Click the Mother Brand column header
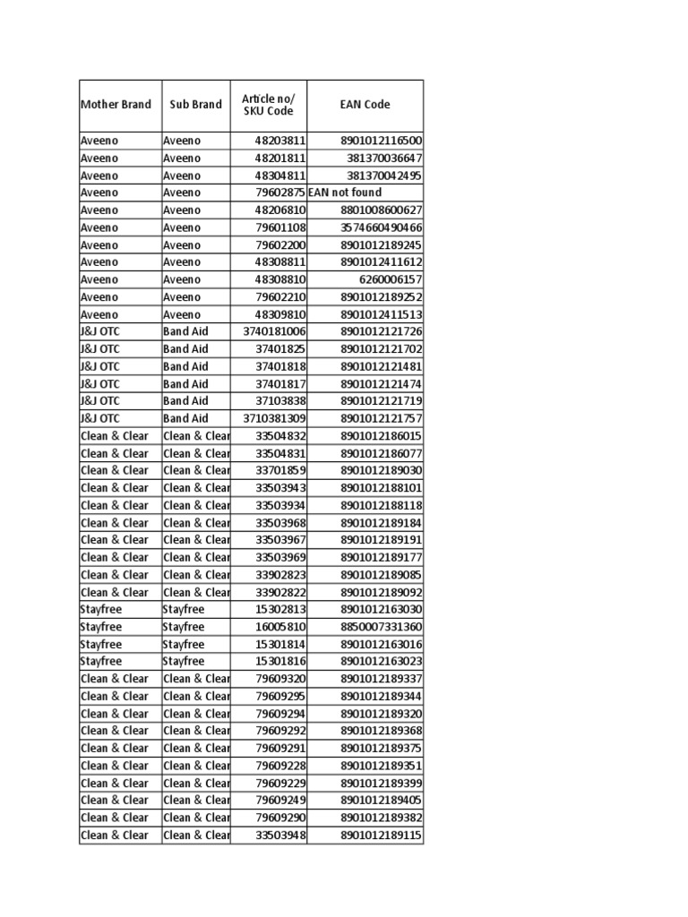pos(116,105)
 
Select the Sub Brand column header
pos(195,105)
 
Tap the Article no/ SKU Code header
pos(268,105)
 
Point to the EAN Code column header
pos(365,105)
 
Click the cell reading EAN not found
pos(345,193)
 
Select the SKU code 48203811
pos(280,141)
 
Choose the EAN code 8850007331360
pos(381,627)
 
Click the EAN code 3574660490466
pos(381,227)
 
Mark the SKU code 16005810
pos(280,627)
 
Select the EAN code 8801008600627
pos(381,210)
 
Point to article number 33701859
pos(280,470)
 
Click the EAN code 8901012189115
pos(381,836)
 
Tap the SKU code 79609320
pos(280,679)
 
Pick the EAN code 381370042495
pos(384,176)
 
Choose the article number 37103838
pos(280,400)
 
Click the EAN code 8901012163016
pos(381,644)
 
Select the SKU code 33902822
pos(280,592)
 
